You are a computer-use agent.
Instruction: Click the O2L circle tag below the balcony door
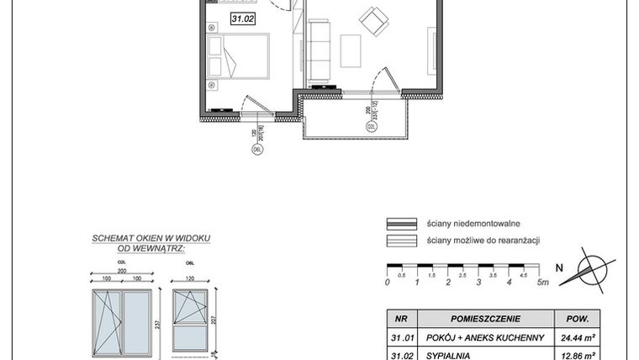tap(371, 126)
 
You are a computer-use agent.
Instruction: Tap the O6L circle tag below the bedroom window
tap(258, 151)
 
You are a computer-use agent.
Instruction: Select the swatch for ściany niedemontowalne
tap(402, 224)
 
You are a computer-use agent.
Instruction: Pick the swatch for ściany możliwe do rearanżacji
tap(402, 241)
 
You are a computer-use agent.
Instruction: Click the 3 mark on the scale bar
tap(478, 282)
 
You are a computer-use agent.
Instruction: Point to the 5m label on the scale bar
tap(541, 282)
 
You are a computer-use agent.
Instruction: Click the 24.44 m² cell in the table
tap(578, 338)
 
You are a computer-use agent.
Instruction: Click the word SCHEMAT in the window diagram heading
tap(111, 239)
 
